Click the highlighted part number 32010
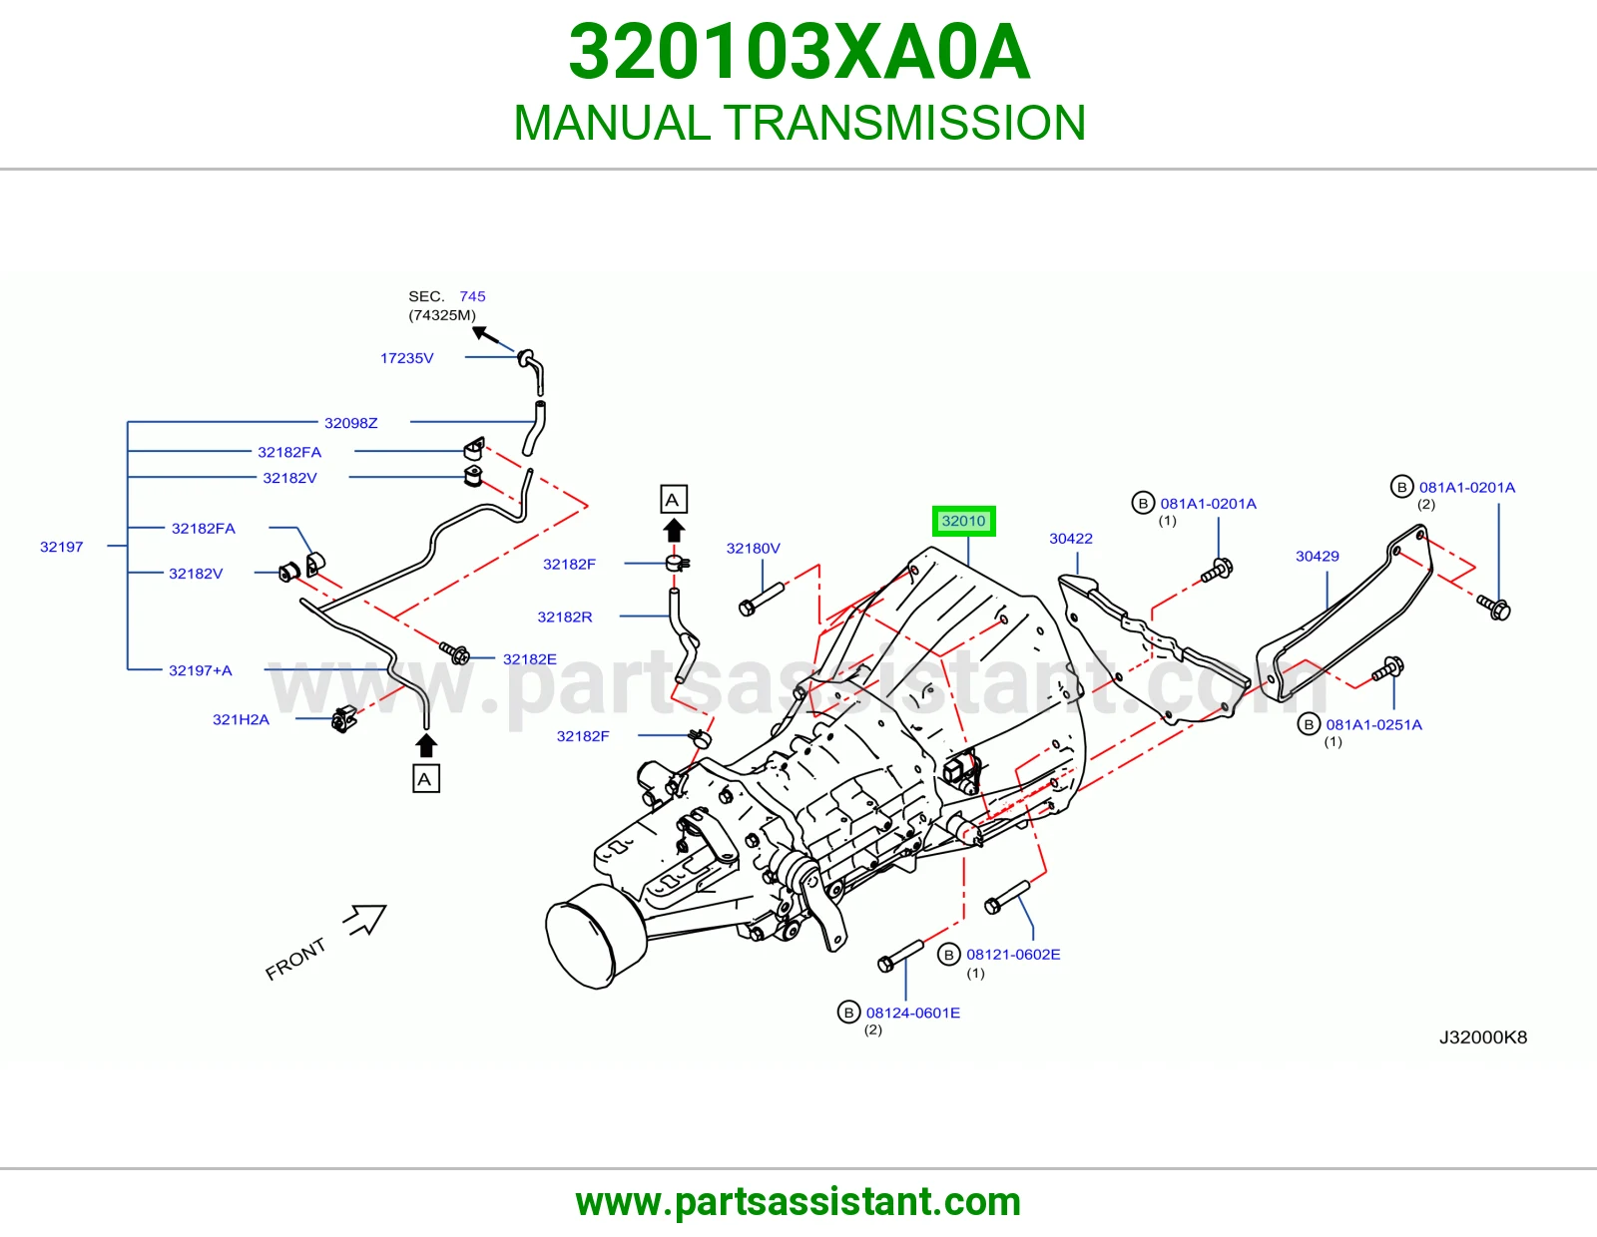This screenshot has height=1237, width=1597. click(963, 521)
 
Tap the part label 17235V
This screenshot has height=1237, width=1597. click(406, 358)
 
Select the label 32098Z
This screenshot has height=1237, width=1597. click(350, 422)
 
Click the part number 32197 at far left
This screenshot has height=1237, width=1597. click(61, 547)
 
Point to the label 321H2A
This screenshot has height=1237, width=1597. click(241, 719)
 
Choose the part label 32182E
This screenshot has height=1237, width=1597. click(529, 658)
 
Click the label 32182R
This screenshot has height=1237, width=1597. click(564, 617)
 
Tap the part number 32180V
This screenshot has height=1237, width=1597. click(753, 548)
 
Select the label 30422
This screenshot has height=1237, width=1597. click(1070, 539)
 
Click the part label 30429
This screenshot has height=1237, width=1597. click(1317, 556)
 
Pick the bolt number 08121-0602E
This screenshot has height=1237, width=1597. click(1013, 955)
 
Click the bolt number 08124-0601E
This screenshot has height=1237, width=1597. click(912, 1013)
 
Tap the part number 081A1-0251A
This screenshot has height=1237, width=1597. click(1373, 724)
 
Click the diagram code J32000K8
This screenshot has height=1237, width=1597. click(1482, 1036)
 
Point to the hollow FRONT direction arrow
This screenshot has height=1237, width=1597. click(366, 919)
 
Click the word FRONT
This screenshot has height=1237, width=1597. click(295, 959)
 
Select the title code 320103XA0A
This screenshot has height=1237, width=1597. click(798, 52)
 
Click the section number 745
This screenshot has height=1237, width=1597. click(472, 296)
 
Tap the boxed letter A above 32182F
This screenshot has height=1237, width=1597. click(673, 500)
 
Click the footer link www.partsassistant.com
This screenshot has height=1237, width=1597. click(798, 1202)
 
